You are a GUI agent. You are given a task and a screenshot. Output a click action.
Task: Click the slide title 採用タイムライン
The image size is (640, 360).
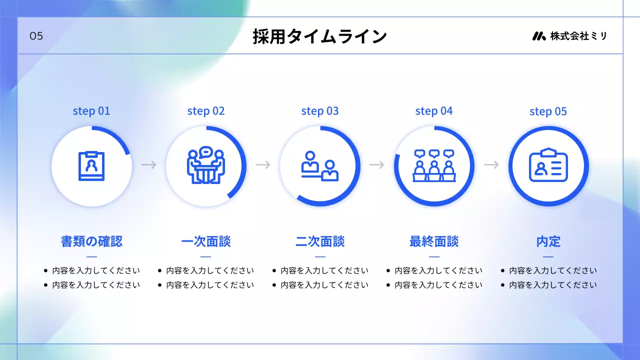click(x=319, y=36)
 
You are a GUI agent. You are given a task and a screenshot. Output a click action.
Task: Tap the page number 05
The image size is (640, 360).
click(x=36, y=36)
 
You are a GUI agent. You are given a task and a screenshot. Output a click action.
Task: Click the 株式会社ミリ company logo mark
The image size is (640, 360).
click(x=538, y=36)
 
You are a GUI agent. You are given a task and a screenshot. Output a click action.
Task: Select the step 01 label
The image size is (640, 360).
click(x=91, y=111)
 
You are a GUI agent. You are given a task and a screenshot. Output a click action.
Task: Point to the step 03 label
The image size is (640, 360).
click(x=320, y=111)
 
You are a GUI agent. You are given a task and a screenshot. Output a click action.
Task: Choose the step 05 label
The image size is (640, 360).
click(x=548, y=111)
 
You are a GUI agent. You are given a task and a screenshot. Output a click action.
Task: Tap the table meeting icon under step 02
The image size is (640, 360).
click(x=206, y=165)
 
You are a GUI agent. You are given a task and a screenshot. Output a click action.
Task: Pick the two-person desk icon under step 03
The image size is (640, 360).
click(x=320, y=165)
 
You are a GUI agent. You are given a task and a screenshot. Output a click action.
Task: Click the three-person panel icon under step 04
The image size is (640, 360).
click(x=434, y=165)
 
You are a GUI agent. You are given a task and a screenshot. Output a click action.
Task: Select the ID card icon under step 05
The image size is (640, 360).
click(x=548, y=165)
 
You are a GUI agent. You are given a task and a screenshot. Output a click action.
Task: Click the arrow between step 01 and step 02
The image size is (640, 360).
click(x=149, y=164)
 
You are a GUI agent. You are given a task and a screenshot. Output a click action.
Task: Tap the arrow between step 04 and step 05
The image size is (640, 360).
click(x=491, y=164)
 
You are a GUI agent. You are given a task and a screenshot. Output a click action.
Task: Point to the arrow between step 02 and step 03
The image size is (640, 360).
click(x=263, y=164)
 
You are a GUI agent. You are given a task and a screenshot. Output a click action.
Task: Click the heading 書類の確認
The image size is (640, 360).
click(x=91, y=242)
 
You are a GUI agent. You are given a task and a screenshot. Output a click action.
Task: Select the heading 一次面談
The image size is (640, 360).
click(x=206, y=242)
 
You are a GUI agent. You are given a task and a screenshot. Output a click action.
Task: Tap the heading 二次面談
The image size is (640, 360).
click(x=320, y=242)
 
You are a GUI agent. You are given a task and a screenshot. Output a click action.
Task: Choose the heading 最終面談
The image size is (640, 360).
click(x=434, y=242)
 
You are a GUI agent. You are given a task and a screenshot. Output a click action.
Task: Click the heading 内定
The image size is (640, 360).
click(x=548, y=242)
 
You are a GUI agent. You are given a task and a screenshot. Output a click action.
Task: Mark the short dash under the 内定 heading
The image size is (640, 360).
click(x=548, y=257)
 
